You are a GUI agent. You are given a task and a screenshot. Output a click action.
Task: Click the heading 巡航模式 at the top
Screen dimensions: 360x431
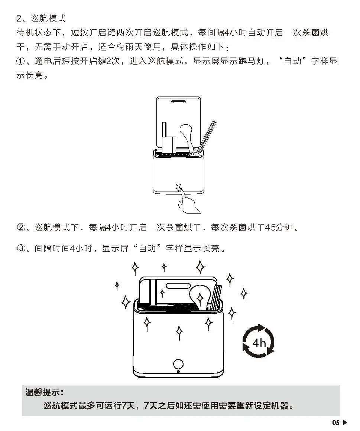click(x=48, y=19)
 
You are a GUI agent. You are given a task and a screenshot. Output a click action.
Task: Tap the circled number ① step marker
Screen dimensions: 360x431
click(x=21, y=61)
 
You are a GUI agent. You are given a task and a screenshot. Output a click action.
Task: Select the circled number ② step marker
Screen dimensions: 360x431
click(x=21, y=227)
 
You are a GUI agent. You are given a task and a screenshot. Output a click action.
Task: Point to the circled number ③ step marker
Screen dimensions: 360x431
click(x=21, y=248)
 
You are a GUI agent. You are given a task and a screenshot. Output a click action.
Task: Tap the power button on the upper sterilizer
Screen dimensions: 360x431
click(x=178, y=187)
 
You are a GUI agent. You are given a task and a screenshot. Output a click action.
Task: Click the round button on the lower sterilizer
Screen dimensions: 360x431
click(x=178, y=364)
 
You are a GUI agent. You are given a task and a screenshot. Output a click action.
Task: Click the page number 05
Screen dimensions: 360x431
click(x=336, y=422)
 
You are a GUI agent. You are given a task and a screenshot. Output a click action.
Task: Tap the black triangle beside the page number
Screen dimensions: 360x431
click(x=345, y=422)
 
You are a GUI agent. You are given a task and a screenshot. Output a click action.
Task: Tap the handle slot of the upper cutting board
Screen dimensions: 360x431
click(x=178, y=102)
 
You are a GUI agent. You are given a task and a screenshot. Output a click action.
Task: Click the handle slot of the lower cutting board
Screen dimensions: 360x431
click(x=178, y=285)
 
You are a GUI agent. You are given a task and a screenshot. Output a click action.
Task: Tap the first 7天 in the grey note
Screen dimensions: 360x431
click(x=129, y=405)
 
